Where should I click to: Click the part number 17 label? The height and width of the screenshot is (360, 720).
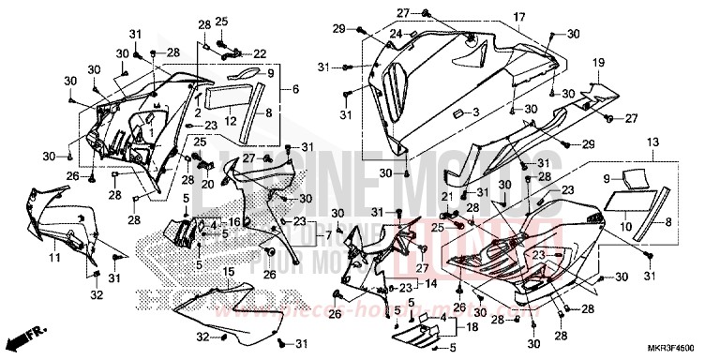pos(518,18)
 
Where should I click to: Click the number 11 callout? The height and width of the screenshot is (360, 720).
pos(53,256)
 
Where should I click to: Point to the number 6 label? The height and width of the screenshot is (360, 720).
pos(296,88)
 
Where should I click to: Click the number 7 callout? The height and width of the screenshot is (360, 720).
pos(329,232)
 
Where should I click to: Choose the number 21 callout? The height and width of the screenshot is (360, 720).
pos(448,195)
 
